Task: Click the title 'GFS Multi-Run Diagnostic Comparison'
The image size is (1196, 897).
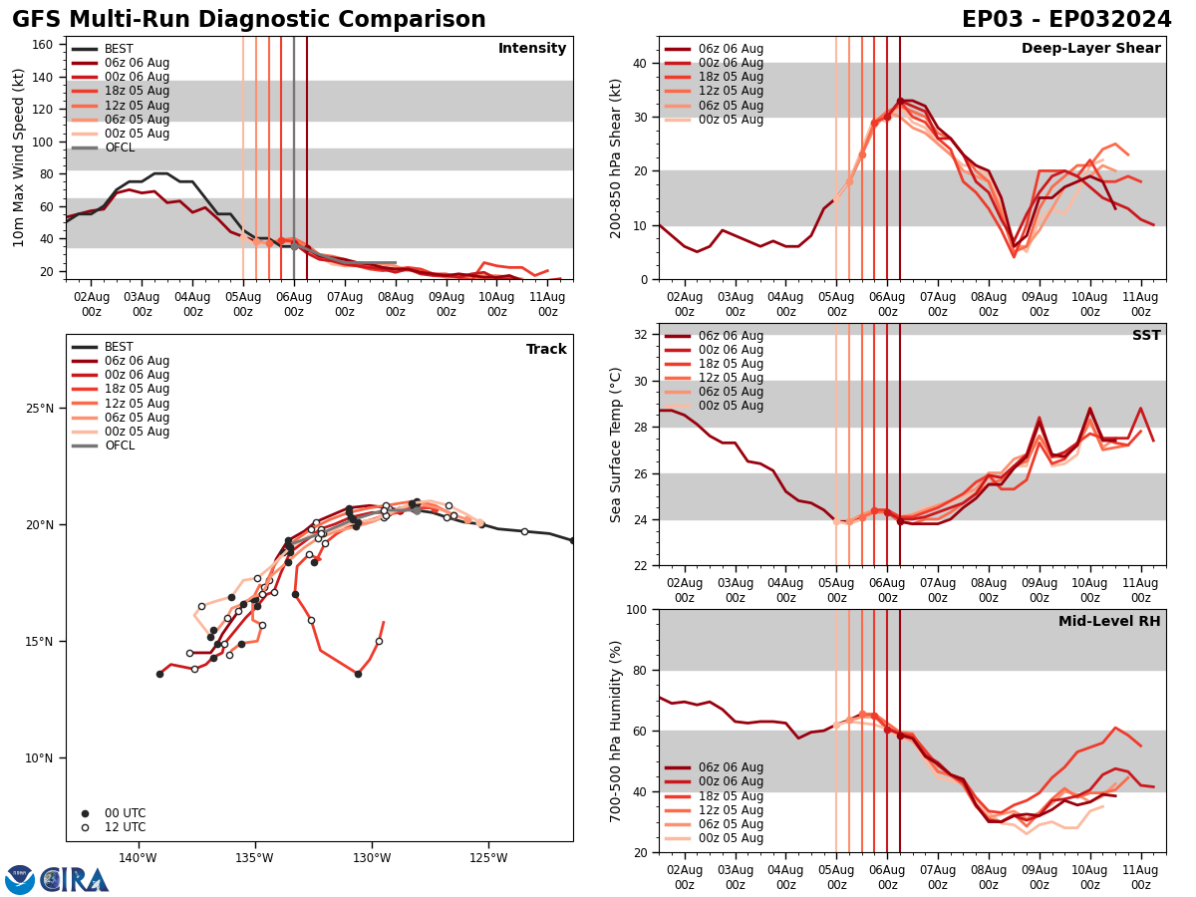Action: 249,20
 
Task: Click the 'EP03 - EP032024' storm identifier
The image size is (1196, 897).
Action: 1066,20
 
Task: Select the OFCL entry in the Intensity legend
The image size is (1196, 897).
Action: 120,148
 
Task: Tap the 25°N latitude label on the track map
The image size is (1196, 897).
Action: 40,409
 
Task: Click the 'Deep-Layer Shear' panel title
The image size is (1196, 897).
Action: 1090,49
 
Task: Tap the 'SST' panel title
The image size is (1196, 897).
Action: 1146,336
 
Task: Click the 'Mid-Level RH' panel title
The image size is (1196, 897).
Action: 1109,622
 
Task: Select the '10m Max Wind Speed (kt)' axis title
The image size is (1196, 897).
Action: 19,157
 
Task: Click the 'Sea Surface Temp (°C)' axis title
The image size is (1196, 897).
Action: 616,445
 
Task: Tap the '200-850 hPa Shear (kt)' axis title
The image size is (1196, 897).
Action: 616,157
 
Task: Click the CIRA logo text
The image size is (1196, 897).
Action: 75,880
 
